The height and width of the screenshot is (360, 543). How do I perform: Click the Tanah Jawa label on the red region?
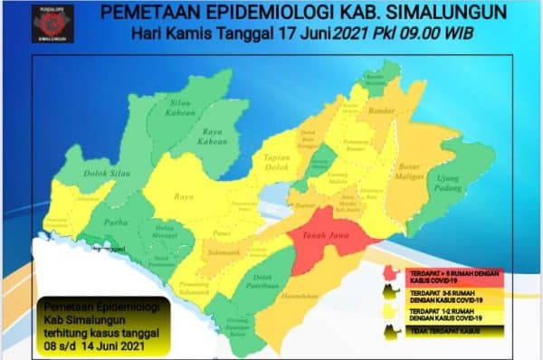(326, 239)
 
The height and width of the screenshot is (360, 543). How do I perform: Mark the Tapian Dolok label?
(275, 161)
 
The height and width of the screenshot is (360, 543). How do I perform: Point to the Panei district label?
(221, 231)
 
